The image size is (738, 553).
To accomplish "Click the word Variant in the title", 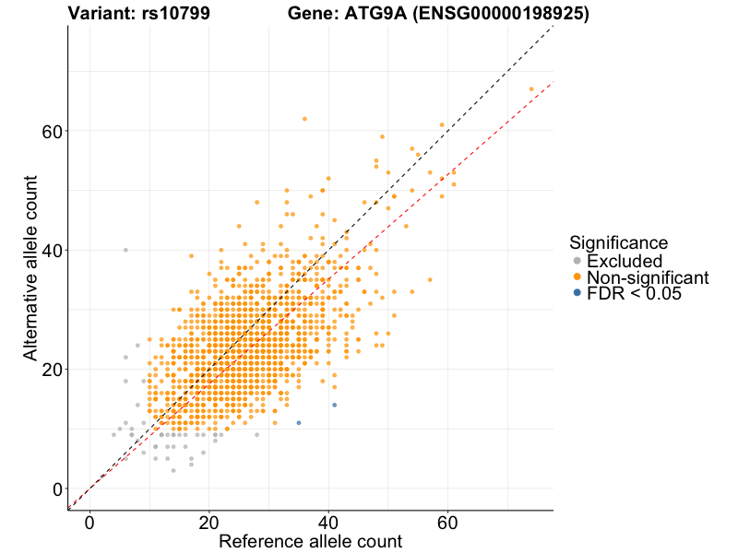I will coord(99,14).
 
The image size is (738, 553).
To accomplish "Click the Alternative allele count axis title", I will coord(30,269).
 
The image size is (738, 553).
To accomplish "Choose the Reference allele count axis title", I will coord(310,541).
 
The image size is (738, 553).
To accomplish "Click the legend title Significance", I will coord(618,243).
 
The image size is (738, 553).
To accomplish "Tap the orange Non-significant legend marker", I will coord(577,276).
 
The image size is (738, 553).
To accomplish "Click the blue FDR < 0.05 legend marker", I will coord(577,292).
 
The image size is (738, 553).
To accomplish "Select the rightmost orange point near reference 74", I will coord(531,88).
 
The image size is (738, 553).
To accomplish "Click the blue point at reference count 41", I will coord(334,405).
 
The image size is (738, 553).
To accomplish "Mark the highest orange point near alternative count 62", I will coord(304,119).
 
